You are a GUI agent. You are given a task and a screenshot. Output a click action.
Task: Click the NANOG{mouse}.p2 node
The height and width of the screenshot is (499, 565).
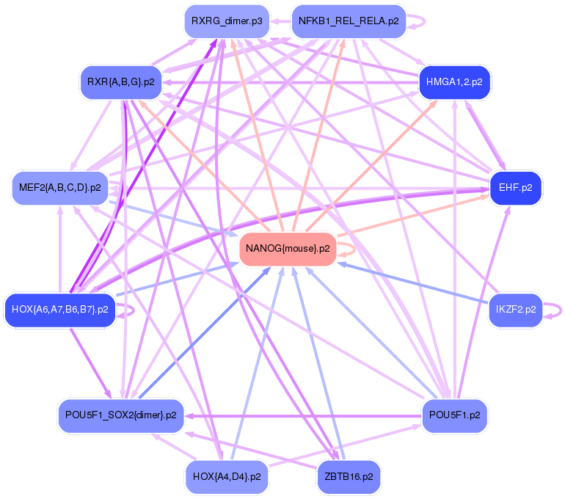(x=288, y=249)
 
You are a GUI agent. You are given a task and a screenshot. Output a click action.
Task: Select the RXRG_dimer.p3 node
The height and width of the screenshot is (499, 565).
(x=226, y=21)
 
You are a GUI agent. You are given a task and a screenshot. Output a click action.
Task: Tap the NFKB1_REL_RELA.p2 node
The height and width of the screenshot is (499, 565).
(x=349, y=21)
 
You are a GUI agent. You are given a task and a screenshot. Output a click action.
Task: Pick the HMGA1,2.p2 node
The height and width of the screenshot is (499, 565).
(x=454, y=81)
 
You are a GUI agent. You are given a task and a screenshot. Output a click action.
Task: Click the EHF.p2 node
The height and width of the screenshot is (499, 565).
(x=515, y=188)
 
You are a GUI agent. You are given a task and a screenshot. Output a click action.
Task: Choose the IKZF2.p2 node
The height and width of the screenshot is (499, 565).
(x=515, y=309)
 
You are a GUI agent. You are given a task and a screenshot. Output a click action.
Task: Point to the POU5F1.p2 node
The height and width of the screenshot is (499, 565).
(x=454, y=415)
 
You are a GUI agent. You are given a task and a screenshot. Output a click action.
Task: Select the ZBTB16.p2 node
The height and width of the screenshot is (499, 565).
(x=349, y=477)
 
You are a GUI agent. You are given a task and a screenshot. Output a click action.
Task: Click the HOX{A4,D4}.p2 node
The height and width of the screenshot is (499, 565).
(x=226, y=477)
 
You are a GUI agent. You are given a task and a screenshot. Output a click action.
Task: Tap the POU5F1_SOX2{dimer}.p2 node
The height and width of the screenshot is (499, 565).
(x=120, y=415)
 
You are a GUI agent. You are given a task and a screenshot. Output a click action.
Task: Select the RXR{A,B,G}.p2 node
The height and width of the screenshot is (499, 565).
(x=120, y=81)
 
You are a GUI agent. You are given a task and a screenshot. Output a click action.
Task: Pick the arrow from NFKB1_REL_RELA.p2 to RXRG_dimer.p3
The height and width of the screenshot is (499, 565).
(x=280, y=21)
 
